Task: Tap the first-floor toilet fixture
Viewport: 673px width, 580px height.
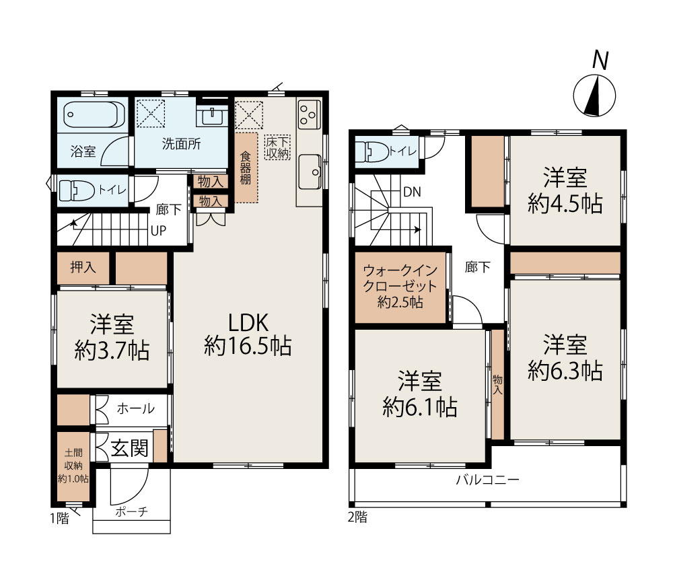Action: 77,190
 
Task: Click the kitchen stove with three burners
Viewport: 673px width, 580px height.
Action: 309,114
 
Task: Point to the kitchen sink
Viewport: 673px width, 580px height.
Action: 310,172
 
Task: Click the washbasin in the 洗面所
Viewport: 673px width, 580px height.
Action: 212,116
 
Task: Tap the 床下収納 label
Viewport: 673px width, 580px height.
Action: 277,147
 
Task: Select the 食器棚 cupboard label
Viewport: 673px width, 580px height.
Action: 246,168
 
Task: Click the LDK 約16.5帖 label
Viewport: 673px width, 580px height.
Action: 248,334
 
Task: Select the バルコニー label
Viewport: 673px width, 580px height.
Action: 487,479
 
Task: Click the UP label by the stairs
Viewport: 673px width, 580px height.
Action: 158,231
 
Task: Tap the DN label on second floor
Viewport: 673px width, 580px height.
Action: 412,192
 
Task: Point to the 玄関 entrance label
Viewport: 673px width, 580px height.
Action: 130,448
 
